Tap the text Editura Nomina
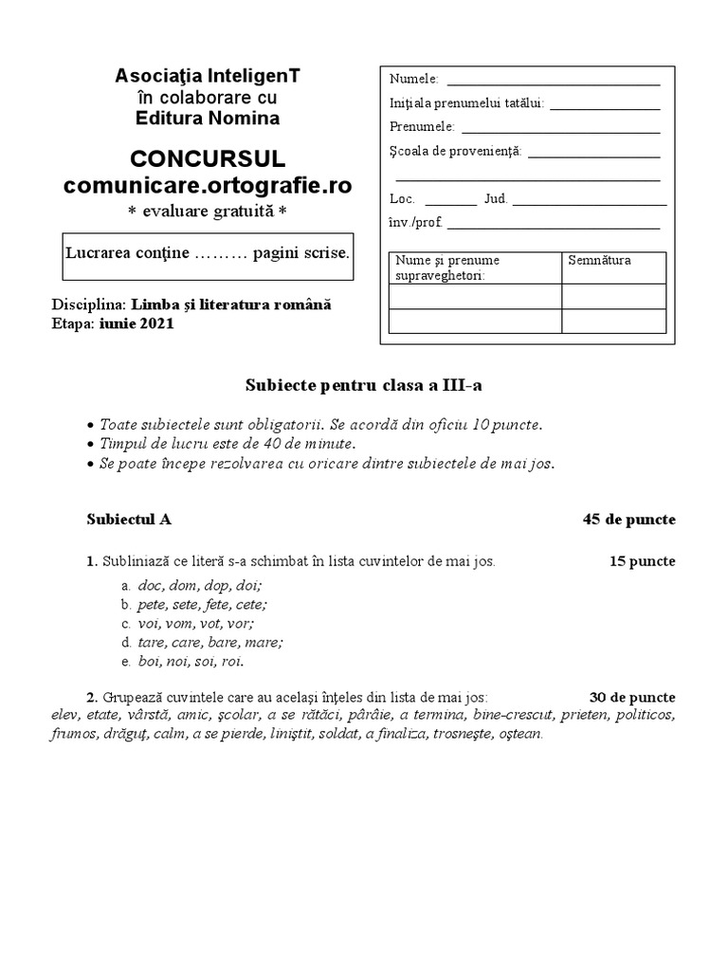tap(208, 119)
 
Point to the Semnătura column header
tap(599, 260)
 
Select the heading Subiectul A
tap(129, 519)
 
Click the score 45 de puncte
tap(628, 519)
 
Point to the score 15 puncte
tap(642, 561)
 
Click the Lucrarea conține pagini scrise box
tap(208, 256)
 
